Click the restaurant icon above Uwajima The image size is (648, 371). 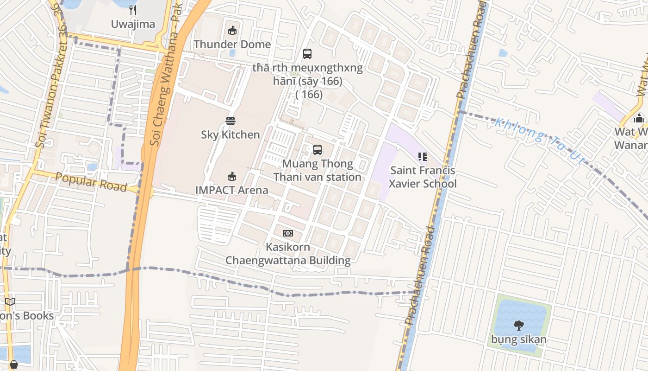133,10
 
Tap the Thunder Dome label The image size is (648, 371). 232,45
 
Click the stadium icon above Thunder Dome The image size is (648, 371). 232,31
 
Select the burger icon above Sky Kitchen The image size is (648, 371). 231,121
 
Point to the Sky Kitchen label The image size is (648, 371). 231,135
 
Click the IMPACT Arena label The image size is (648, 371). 232,190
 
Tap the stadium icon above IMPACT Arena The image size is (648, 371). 232,176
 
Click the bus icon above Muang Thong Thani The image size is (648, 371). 318,150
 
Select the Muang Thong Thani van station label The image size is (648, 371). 318,171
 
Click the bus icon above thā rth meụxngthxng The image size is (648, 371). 307,54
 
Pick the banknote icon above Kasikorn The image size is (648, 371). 288,233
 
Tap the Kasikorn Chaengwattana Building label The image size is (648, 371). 288,254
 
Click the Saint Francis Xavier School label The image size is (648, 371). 423,177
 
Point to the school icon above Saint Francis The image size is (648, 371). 422,157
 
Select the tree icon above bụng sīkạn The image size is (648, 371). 519,326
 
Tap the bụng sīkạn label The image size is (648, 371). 519,339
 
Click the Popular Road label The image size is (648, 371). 91,182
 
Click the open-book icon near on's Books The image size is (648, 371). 10,302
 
